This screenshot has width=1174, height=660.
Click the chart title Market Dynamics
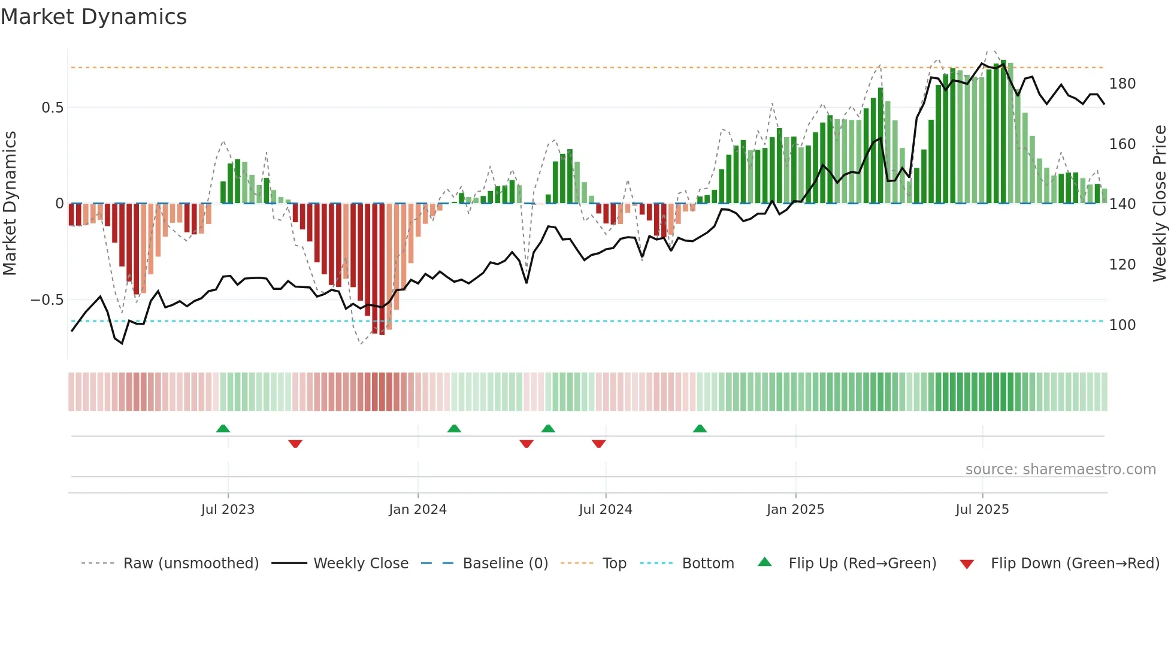(x=93, y=17)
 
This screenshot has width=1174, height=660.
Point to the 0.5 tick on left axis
(x=52, y=108)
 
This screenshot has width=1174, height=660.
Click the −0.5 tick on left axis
(x=47, y=300)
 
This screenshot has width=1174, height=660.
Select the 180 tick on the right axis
(x=1122, y=84)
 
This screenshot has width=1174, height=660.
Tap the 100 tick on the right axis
(x=1122, y=325)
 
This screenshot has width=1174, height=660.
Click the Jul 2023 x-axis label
(x=228, y=510)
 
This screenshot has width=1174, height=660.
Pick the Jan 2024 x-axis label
(x=417, y=510)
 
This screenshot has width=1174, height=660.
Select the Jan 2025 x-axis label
(x=795, y=510)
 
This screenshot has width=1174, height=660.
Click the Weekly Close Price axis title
(x=1160, y=204)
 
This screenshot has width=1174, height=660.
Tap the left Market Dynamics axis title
(x=10, y=204)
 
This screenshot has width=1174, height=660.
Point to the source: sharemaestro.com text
(x=1060, y=470)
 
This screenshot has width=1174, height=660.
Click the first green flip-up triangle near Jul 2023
(x=223, y=429)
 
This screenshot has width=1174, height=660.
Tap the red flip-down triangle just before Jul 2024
(x=598, y=444)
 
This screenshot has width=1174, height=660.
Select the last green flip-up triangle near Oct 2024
(x=700, y=429)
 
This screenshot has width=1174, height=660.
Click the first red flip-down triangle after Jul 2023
(x=295, y=444)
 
